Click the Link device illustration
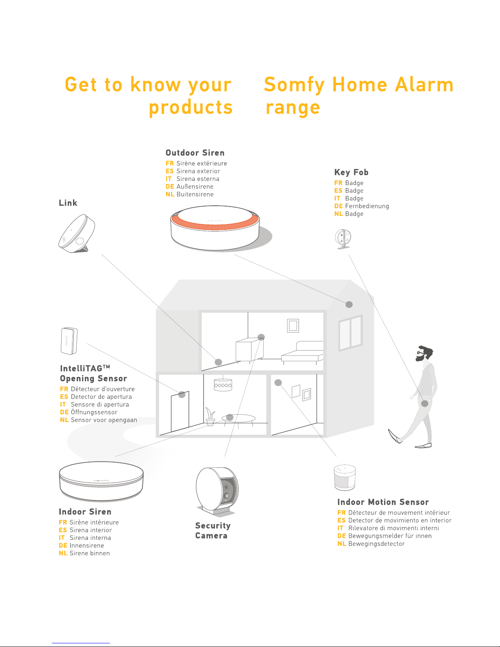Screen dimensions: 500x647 76,234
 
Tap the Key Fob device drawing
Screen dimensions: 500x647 343,239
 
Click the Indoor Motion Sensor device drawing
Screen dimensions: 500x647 344,477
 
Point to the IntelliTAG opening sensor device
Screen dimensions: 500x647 69,341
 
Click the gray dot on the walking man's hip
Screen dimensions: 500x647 425,403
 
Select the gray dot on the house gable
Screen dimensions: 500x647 349,304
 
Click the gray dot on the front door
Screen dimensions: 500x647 182,394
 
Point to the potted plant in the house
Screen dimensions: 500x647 210,416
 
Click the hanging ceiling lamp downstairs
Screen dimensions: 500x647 223,385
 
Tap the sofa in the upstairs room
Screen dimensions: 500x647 302,353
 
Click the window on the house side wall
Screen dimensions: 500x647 351,333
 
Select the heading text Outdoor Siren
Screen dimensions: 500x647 195,153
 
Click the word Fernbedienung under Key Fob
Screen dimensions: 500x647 367,206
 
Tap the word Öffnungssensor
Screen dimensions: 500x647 94,412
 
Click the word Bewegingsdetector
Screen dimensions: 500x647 376,544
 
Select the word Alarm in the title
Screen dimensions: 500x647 424,84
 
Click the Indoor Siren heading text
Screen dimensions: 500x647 85,512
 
